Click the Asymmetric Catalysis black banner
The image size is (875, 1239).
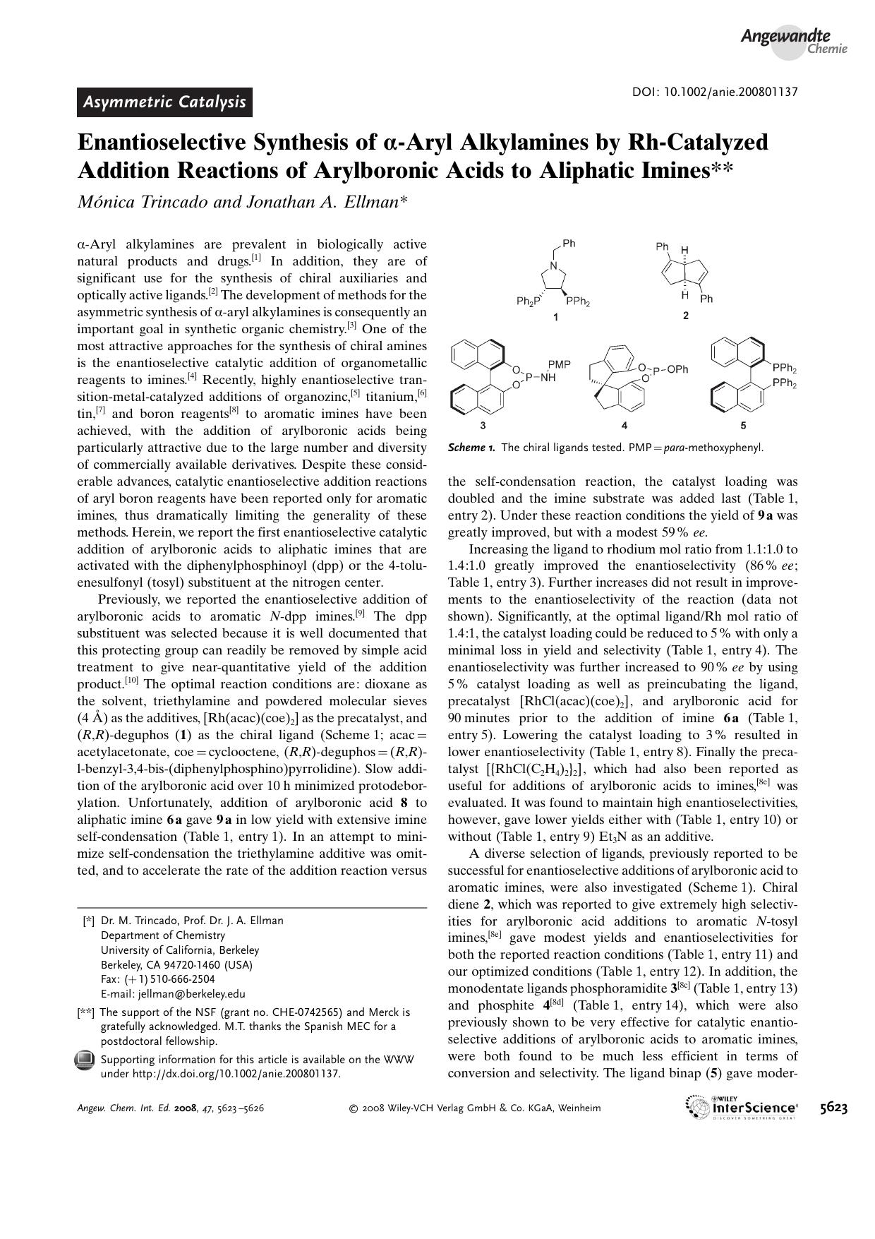(x=164, y=102)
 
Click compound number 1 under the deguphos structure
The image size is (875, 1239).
(x=555, y=318)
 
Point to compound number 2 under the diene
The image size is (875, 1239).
(x=685, y=316)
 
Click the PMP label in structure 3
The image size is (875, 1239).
(x=560, y=364)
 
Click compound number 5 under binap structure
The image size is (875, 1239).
(x=744, y=425)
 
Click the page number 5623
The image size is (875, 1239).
(x=833, y=1108)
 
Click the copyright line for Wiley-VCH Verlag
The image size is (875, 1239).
(x=475, y=1108)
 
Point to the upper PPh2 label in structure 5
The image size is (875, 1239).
(x=784, y=369)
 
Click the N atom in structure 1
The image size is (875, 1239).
(x=554, y=267)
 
